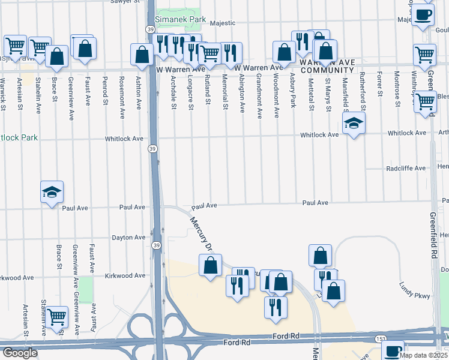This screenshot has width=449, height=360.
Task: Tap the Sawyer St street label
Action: [125, 2]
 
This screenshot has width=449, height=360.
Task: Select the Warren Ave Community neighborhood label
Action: [325, 66]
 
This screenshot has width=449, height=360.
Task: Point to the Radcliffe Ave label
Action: [406, 169]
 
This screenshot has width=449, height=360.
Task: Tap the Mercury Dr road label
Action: [201, 233]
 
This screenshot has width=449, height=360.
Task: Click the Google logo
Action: [19, 353]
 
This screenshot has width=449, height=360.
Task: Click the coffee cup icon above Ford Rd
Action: [393, 351]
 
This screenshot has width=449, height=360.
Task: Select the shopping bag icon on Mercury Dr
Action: [211, 265]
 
